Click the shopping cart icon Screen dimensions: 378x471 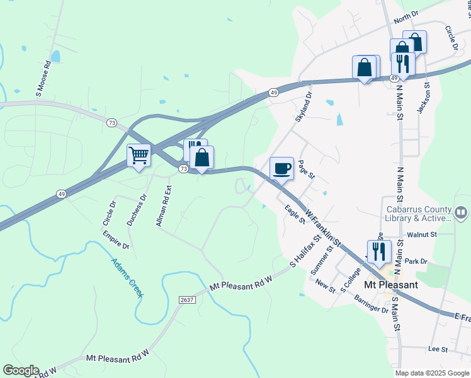tap(139, 154)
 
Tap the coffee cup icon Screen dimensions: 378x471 tap(281, 168)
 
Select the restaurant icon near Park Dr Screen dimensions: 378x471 tap(378, 251)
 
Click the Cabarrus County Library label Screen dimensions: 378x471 tap(419, 214)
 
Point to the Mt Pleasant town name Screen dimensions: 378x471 tap(391, 285)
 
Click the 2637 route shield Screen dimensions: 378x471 tap(187, 299)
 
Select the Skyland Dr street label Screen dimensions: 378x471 tap(304, 107)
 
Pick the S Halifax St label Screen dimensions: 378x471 tap(306, 249)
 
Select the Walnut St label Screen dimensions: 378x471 tap(422, 234)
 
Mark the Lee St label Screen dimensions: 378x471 tap(437, 349)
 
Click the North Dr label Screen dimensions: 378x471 tap(406, 15)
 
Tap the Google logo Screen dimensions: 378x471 tap(21, 370)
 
